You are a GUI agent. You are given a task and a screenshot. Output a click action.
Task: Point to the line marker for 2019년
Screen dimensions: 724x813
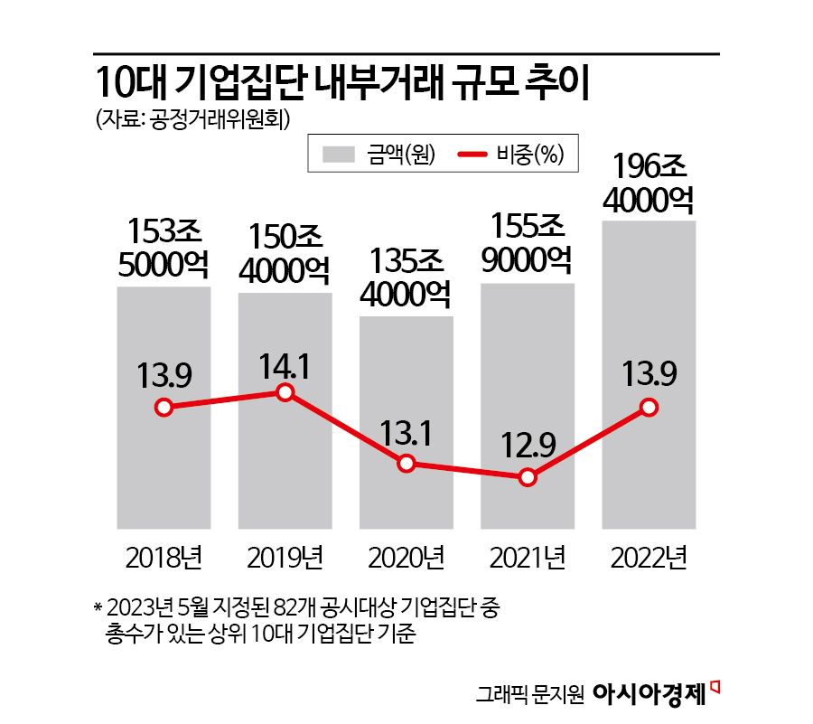click(285, 392)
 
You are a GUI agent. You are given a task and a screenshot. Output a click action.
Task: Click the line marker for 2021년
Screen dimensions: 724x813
click(528, 477)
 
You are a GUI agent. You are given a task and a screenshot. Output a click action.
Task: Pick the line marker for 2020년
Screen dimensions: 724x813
click(406, 464)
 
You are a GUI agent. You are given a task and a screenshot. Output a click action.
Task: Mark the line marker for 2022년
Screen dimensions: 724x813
click(649, 408)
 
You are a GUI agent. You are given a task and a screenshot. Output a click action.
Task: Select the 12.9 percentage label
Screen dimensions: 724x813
click(528, 444)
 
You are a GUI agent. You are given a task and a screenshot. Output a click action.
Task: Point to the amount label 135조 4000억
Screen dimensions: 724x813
click(406, 277)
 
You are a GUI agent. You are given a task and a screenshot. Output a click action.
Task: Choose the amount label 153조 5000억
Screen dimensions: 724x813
click(164, 248)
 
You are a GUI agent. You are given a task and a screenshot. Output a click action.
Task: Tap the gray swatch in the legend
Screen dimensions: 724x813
click(343, 155)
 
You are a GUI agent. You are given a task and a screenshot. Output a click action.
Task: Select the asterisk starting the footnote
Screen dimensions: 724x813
click(97, 606)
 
